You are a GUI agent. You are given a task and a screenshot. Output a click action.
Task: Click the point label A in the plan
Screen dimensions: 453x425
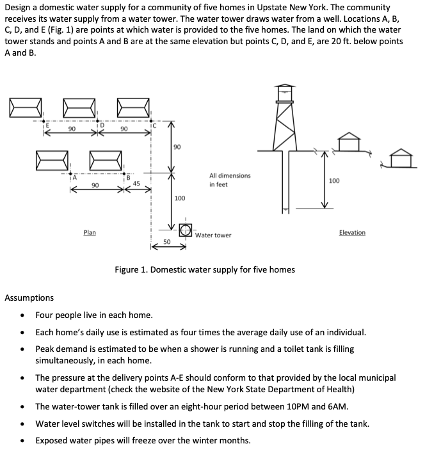(x=74, y=178)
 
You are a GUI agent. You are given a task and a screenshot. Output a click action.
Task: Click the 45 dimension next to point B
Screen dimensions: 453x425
(x=136, y=184)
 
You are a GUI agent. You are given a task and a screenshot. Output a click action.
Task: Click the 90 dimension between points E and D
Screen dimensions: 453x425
(x=72, y=129)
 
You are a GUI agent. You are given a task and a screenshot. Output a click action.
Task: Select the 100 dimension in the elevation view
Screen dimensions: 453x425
(x=333, y=181)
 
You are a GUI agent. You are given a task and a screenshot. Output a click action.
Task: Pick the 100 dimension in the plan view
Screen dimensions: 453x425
(x=180, y=198)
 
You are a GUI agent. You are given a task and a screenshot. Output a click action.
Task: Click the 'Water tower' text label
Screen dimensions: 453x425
(x=213, y=235)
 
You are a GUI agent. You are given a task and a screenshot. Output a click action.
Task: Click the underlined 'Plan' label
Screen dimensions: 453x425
(x=90, y=232)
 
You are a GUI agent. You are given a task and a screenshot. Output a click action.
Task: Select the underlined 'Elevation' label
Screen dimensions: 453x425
(x=352, y=232)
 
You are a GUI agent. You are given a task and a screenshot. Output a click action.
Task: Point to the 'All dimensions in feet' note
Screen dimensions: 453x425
(x=229, y=180)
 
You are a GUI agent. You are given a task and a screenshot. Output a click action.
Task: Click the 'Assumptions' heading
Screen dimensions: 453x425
(x=29, y=298)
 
